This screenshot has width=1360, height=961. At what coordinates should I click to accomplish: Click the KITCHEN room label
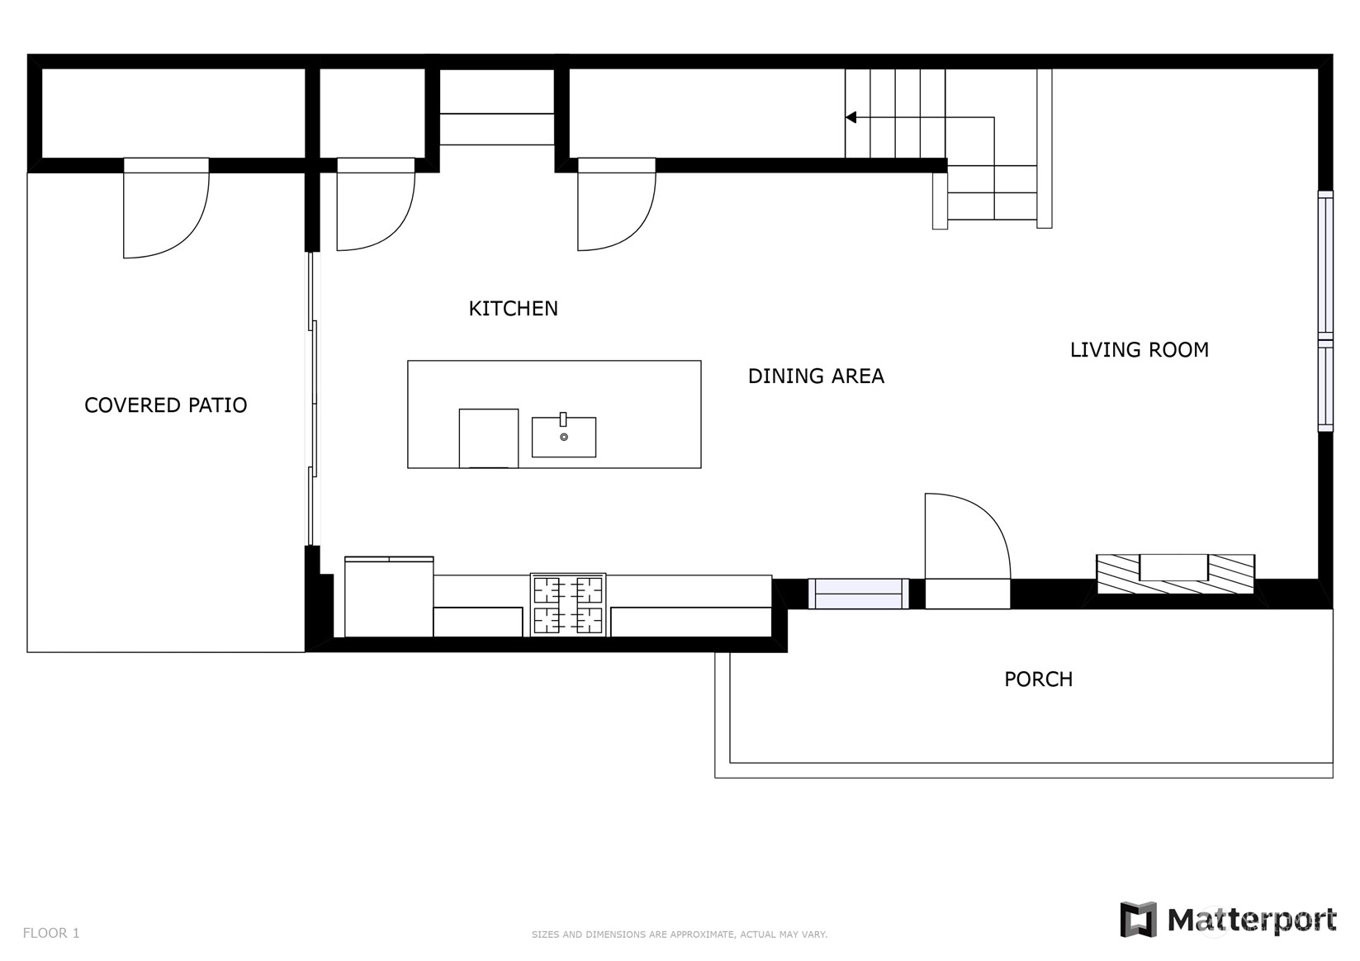pos(513,309)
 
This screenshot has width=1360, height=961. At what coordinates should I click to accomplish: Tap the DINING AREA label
pos(815,376)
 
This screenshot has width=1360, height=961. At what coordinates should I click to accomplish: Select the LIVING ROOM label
pos(1139,350)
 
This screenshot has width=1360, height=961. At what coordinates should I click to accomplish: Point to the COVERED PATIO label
pos(166,405)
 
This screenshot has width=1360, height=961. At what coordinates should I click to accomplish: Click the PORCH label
pos(1038,679)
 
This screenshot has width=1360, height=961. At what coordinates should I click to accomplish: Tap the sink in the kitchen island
pos(563,437)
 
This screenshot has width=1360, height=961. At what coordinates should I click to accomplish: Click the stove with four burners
pos(567,604)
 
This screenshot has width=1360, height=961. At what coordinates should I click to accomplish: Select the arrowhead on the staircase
pos(851,117)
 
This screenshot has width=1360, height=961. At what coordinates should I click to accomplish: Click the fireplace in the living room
pos(1175,574)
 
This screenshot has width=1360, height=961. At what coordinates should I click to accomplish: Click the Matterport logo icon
pos(1138,920)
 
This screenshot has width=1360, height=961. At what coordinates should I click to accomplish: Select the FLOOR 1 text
pos(51,933)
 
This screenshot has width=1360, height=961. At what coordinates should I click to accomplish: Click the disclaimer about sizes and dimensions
pos(680,935)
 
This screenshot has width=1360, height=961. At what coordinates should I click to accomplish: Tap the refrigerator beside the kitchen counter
pos(389,597)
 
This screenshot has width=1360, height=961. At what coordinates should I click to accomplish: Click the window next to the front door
pos(859,593)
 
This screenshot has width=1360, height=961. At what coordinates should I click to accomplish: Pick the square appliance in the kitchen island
pos(488,438)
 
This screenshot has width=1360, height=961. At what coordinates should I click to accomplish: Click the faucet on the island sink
pos(563,419)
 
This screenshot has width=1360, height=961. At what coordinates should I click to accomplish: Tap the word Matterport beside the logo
pos(1252,921)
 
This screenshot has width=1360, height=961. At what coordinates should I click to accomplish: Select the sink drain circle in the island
pos(563,437)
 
